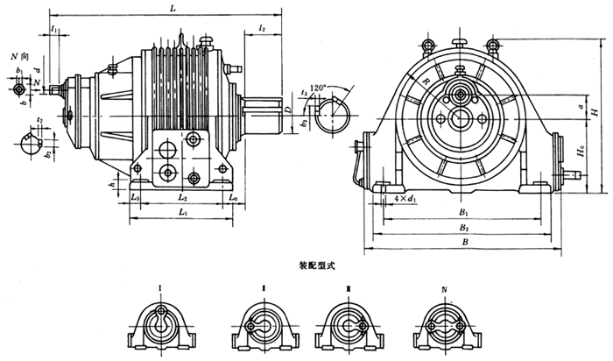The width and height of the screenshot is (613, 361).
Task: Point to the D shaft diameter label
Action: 288,110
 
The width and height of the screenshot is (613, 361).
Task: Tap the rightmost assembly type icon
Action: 447,325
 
